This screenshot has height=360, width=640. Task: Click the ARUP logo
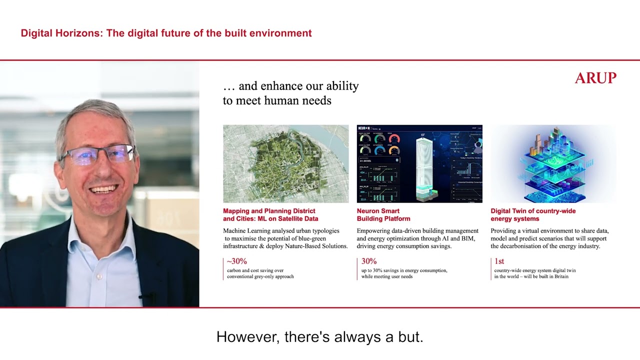click(595, 78)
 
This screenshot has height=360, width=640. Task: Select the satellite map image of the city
click(285, 163)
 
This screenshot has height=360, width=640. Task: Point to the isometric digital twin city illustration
click(553, 163)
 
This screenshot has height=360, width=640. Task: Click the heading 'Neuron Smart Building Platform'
click(383, 214)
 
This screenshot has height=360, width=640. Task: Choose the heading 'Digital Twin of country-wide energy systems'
click(533, 214)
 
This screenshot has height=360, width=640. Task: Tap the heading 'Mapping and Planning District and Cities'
click(270, 214)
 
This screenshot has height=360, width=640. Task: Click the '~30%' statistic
click(237, 261)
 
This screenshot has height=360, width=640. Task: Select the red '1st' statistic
click(499, 261)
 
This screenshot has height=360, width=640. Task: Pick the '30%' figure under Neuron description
click(369, 261)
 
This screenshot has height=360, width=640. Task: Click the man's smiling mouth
click(104, 189)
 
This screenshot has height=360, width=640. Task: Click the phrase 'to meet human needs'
click(277, 100)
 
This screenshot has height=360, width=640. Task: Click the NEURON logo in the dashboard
click(367, 128)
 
